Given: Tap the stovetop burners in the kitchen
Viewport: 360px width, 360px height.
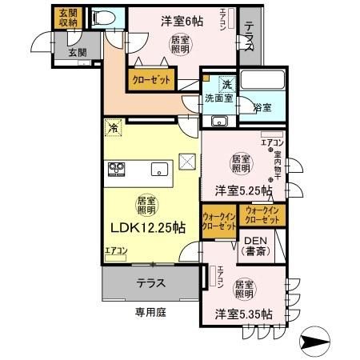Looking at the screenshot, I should (117, 169).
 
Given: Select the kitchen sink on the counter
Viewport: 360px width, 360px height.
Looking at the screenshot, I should (158, 169).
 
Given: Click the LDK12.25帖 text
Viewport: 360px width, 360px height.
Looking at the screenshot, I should (147, 227).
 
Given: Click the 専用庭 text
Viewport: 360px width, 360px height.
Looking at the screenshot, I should (149, 310).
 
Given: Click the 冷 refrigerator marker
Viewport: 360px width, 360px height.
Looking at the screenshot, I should (114, 127).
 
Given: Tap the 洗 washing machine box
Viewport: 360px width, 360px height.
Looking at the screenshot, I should (226, 85).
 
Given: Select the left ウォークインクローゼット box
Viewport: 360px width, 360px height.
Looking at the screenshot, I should (219, 221).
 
